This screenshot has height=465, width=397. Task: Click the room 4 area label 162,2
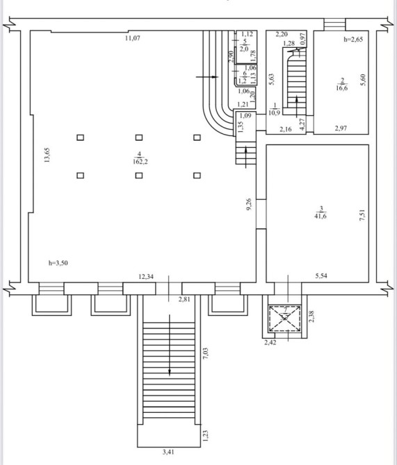[x=141, y=162]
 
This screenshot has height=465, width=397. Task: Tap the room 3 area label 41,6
[x=321, y=216]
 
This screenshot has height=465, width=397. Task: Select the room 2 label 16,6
[x=342, y=87]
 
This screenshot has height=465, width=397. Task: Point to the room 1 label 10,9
[x=274, y=112]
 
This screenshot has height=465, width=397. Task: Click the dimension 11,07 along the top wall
[x=132, y=38]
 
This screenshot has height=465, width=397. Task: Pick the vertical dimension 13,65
[x=47, y=155]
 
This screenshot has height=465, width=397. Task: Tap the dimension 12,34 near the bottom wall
[x=146, y=277]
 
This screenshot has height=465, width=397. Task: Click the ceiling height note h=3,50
[x=58, y=263]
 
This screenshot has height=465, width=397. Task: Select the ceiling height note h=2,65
[x=353, y=39]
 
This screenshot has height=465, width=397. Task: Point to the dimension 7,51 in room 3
[x=362, y=215]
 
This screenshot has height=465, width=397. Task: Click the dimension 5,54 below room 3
[x=321, y=276]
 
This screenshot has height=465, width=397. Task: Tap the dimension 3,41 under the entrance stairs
[x=168, y=453]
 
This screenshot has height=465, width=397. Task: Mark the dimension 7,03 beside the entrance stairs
[x=205, y=353]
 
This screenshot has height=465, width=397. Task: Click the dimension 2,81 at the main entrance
[x=184, y=299]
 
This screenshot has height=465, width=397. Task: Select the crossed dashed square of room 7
[x=284, y=319]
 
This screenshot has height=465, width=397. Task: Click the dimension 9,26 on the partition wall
[x=249, y=204]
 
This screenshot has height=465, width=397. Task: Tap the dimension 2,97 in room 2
[x=341, y=128]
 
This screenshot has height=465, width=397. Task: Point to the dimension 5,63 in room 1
[x=271, y=79]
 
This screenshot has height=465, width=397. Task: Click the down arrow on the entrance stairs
[x=170, y=345]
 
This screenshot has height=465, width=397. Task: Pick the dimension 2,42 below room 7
[x=270, y=343]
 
